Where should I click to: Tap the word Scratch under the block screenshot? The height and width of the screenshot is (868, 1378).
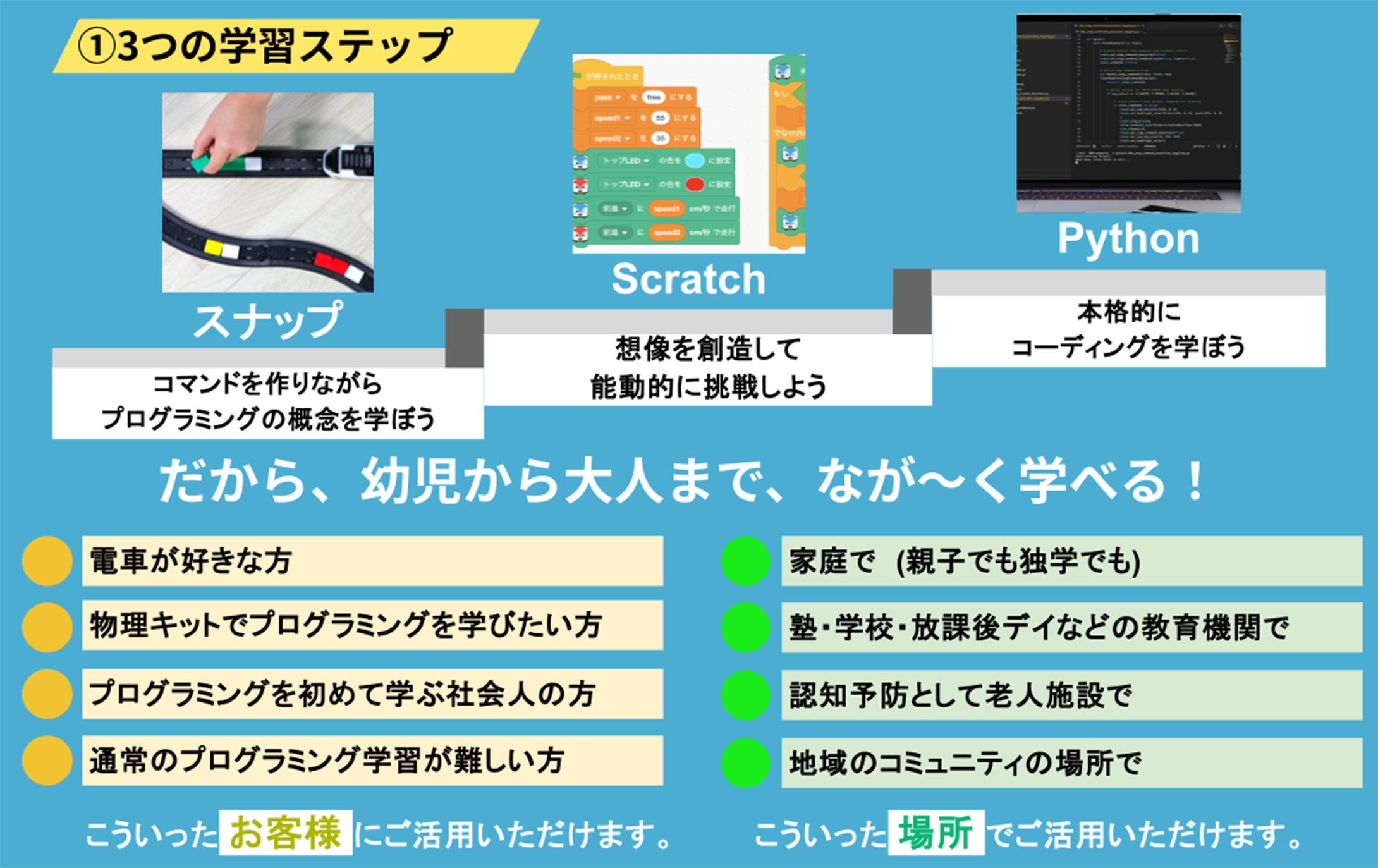688,279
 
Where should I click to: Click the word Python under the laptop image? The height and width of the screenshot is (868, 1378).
1128,238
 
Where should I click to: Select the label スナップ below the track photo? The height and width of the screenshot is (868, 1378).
267,321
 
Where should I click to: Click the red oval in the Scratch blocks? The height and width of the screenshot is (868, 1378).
694,185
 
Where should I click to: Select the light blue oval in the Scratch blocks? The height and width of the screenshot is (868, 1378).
694,161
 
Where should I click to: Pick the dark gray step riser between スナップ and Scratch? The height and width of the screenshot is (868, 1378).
464,338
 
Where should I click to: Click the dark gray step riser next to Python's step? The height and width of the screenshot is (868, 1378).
912,302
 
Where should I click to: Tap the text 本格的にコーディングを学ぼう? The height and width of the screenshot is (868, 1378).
1128,330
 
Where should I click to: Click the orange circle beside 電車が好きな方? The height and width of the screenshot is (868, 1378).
47,561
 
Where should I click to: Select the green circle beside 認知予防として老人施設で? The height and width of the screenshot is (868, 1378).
745,695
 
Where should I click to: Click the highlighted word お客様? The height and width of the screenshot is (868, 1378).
286,833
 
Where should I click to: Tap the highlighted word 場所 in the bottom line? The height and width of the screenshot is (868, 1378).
936,833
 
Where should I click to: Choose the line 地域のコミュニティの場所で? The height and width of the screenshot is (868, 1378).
965,763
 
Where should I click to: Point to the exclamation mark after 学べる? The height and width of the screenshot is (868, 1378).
1195,482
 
